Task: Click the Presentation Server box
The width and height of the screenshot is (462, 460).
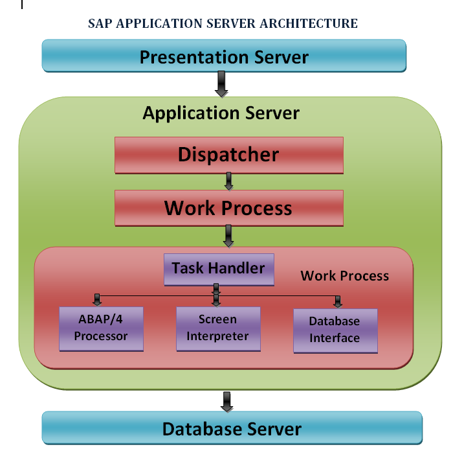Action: (224, 56)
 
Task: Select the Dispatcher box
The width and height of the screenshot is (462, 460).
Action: (229, 155)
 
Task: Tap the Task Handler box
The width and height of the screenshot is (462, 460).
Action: (219, 270)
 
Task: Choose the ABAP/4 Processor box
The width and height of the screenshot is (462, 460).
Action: (101, 328)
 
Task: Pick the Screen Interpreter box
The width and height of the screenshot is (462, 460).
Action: (218, 328)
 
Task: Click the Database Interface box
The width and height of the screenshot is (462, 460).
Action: (335, 331)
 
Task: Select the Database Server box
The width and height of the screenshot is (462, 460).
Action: (232, 428)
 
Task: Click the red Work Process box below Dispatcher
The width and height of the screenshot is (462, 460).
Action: (229, 208)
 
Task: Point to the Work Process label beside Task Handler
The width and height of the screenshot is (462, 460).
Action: (344, 276)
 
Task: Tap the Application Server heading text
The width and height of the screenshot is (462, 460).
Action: (221, 113)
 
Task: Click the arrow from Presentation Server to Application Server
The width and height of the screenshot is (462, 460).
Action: (221, 84)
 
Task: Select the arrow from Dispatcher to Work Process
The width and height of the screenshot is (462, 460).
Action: (229, 181)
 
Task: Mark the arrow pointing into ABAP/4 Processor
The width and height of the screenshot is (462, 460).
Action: (97, 300)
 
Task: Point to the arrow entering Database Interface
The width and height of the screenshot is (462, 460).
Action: (338, 302)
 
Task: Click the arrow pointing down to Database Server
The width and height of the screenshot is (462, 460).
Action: (227, 402)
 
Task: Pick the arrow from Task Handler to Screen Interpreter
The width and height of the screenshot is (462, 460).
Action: (216, 295)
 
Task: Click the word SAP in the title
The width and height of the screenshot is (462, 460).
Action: (100, 23)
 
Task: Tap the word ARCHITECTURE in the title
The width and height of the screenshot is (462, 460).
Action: (309, 23)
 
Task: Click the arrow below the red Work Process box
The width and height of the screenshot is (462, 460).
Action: (228, 236)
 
